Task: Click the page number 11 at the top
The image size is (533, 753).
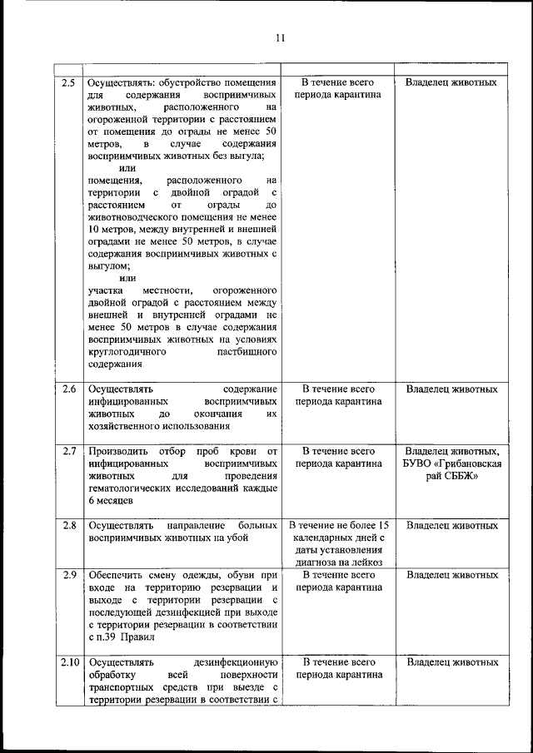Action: pos(279,37)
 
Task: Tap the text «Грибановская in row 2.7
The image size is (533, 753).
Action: pos(455,463)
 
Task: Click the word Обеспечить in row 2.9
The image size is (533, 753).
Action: pos(115,575)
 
